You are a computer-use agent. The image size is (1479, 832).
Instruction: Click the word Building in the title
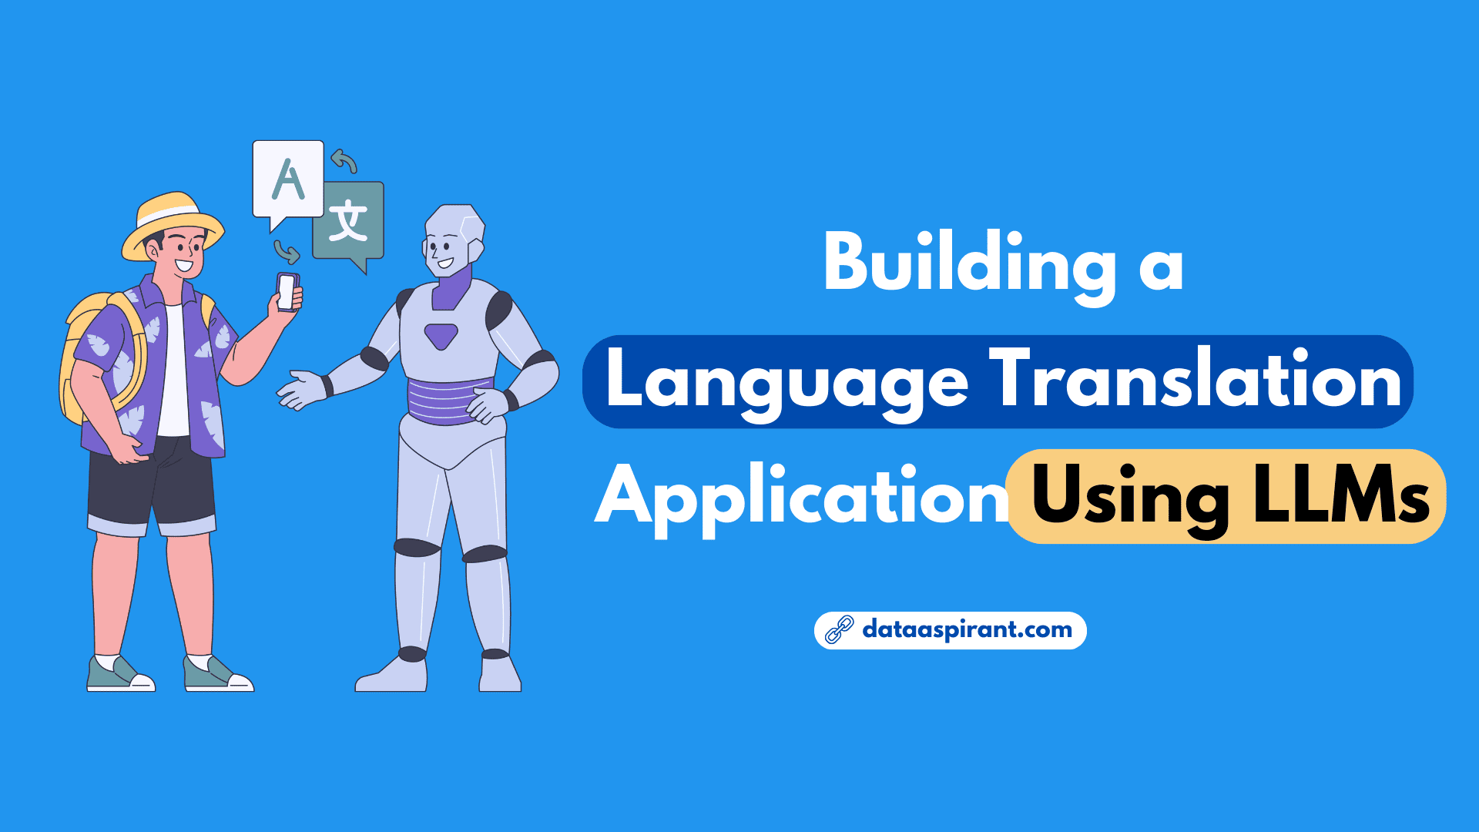[970, 267]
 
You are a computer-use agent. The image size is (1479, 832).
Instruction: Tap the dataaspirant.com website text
[967, 630]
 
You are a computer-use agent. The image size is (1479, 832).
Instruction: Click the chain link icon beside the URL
[839, 630]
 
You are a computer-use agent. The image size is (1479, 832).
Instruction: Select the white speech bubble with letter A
[288, 182]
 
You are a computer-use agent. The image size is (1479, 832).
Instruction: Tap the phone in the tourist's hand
[287, 291]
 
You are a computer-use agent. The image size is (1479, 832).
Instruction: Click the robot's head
[454, 240]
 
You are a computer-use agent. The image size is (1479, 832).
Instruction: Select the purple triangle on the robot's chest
[441, 336]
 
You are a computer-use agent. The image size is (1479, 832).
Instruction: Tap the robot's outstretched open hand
[302, 390]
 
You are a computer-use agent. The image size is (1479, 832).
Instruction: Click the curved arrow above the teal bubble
[344, 161]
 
